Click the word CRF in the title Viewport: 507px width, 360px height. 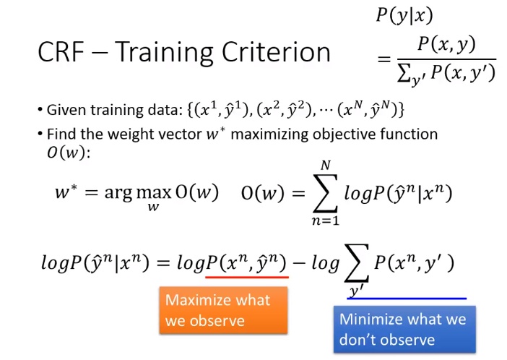pos(61,52)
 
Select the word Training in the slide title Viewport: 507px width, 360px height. pos(164,53)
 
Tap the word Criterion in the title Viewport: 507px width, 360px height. pos(276,52)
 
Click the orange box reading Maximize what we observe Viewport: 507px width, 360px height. pos(223,310)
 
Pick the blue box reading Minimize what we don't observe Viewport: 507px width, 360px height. pos(404,329)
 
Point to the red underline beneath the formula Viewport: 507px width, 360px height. pos(247,277)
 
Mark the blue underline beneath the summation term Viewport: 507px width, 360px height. pos(407,298)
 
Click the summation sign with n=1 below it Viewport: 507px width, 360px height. pos(326,193)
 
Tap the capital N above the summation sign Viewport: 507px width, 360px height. pos(326,166)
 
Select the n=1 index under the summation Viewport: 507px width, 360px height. pos(326,220)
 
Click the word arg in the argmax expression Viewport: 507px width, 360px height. pos(118,194)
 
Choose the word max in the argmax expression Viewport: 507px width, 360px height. pos(153,193)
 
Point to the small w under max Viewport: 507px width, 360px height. pos(153,207)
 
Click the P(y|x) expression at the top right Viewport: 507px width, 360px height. pos(404,15)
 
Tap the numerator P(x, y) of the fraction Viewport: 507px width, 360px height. pos(446,44)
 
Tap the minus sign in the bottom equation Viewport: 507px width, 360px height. pos(299,263)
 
